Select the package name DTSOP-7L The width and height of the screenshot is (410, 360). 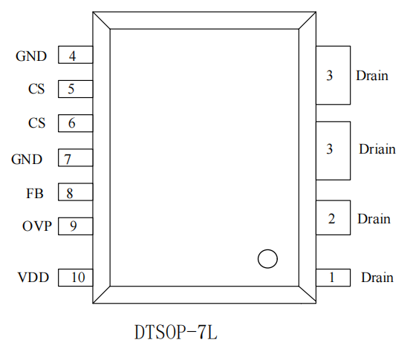[176, 332]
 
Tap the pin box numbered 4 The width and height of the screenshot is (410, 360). [76, 55]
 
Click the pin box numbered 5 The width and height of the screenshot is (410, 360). [76, 89]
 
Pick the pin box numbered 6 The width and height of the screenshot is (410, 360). [76, 123]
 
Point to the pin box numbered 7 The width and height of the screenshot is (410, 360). [76, 157]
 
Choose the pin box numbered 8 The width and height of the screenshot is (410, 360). [76, 192]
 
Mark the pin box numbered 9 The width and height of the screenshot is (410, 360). [76, 226]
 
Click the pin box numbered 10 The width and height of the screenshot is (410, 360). [76, 278]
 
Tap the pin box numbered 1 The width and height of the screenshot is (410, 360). [333, 278]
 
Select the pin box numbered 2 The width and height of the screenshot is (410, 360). [333, 217]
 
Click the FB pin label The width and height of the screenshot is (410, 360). [35, 194]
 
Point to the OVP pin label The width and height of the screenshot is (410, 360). [37, 226]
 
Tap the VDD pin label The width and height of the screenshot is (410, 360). [33, 278]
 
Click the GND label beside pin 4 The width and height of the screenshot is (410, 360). [31, 56]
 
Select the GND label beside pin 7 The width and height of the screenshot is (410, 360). [27, 160]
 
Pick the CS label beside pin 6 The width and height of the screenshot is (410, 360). [36, 123]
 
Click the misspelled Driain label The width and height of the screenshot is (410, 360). [377, 149]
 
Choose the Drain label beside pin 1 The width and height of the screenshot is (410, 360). [377, 278]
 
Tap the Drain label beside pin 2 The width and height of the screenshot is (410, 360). [374, 219]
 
